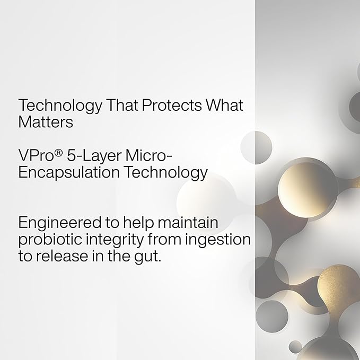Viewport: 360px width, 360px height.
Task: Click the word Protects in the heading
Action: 172,106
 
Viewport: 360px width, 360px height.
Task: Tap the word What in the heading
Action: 224,106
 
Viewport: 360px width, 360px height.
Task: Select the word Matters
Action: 46,122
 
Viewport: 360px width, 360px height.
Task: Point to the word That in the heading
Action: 122,106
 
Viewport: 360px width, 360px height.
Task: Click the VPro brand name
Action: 36,155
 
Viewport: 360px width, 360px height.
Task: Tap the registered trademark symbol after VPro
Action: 58,153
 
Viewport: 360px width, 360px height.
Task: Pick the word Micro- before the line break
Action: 149,155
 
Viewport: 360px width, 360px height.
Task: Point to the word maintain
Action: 188,222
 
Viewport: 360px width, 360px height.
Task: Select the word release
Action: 62,256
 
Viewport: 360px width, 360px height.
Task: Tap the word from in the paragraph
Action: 164,239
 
